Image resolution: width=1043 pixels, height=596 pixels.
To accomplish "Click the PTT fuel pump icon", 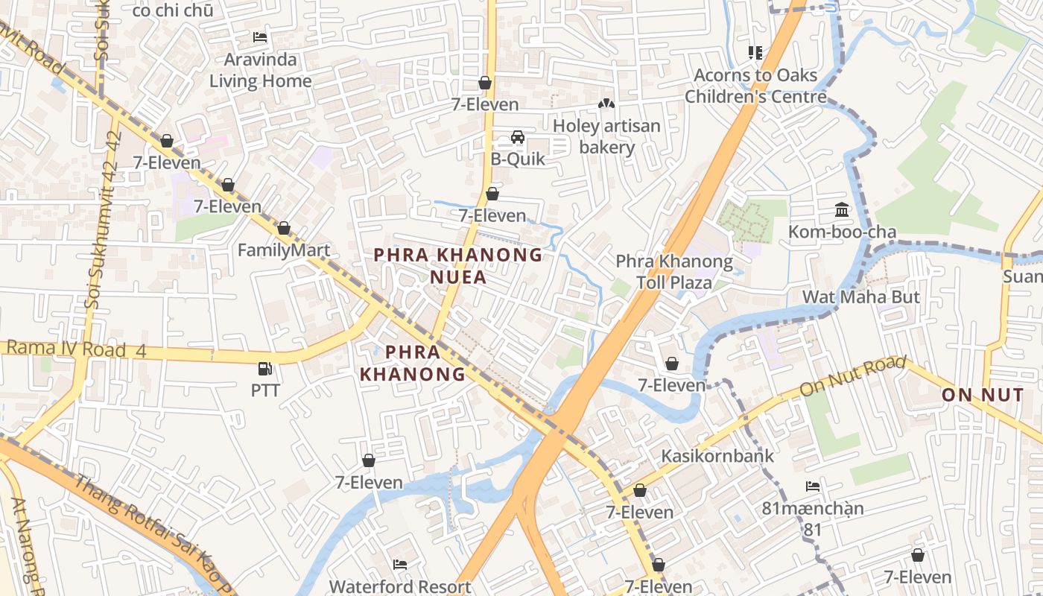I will (264, 369).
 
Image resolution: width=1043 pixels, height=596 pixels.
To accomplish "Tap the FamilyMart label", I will (283, 250).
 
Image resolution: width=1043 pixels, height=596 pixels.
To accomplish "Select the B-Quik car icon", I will (517, 137).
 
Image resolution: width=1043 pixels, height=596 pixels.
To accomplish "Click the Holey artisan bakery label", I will (606, 136).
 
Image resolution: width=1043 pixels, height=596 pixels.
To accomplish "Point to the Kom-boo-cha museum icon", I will (842, 209).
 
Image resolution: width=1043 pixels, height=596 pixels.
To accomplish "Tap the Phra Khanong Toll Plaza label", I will (674, 272).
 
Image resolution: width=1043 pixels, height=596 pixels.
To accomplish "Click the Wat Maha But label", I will (860, 297).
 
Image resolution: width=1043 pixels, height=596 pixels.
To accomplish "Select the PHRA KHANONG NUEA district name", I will (458, 266).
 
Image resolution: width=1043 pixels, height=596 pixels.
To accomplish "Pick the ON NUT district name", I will (982, 395).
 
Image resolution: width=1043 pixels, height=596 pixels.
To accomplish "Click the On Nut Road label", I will (852, 377).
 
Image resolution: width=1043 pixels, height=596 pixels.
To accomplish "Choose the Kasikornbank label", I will (718, 456).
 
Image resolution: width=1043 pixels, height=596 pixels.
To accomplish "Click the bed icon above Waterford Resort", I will (400, 564).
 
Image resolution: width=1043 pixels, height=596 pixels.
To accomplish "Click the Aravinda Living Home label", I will (260, 70).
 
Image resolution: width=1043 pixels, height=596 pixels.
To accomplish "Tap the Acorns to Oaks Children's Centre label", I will (755, 86).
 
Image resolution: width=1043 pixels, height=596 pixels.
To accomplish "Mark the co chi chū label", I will (172, 10).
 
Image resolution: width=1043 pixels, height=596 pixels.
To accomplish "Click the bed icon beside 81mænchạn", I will (813, 486).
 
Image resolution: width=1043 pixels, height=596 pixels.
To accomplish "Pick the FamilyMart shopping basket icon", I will (283, 228).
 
